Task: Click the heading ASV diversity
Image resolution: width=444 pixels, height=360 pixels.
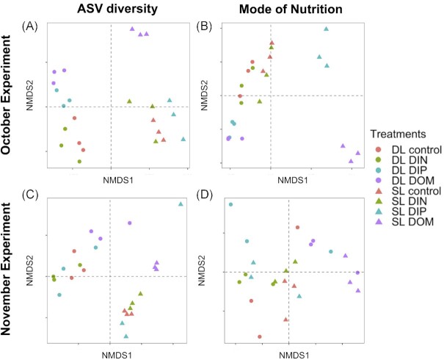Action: (x=110, y=10)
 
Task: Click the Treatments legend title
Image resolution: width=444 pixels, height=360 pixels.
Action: (x=398, y=134)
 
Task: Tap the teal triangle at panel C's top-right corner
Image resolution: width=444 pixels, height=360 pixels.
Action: (x=181, y=204)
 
